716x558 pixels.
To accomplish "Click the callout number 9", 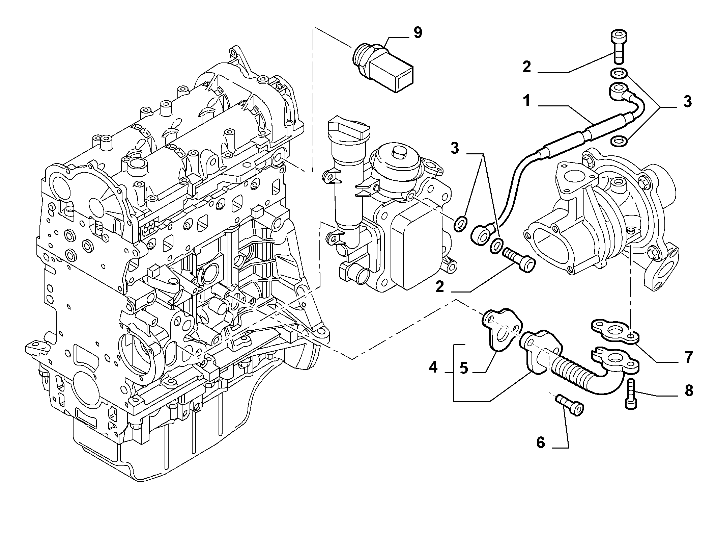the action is point(418,33).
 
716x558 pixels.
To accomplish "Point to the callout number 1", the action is point(526,101).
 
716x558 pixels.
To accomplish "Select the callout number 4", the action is point(433,367).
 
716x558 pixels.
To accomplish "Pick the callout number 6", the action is point(540,442).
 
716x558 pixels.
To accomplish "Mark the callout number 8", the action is point(688,391).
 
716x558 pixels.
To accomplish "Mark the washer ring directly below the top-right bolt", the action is point(619,73).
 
